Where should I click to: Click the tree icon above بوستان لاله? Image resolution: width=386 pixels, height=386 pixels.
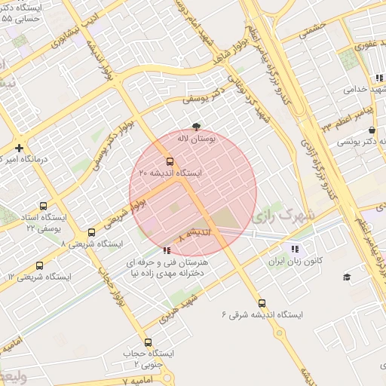point(197,127)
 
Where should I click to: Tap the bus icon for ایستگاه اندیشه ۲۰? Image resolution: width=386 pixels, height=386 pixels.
point(169,161)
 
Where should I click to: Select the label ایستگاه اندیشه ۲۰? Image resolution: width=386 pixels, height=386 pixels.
point(170,173)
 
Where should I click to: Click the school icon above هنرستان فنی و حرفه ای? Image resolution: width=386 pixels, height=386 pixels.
point(166,250)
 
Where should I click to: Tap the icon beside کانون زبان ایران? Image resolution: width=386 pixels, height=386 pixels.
point(293,249)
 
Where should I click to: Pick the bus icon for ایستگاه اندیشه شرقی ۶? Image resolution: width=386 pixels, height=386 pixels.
point(262,302)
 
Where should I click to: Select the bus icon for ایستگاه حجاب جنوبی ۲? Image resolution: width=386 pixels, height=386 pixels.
point(148,342)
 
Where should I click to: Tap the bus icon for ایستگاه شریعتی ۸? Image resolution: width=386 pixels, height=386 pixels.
point(91,233)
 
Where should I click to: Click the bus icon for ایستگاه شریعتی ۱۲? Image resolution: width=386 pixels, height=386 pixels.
point(40,265)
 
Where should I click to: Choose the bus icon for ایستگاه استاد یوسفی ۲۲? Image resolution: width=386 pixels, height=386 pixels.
point(43,205)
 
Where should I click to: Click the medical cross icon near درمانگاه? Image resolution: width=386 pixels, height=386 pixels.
point(19,148)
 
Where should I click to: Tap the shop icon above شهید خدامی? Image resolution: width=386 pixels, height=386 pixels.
point(372,78)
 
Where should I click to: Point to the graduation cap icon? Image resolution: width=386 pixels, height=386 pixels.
point(347,277)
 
